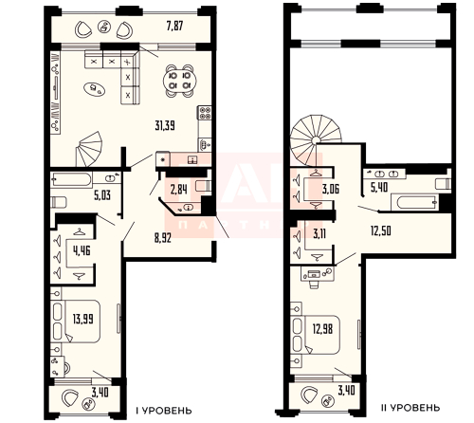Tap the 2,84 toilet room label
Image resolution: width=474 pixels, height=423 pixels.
point(178,190)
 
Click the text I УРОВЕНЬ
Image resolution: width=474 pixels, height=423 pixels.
point(170,409)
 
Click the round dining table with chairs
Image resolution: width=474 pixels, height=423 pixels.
point(176,81)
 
